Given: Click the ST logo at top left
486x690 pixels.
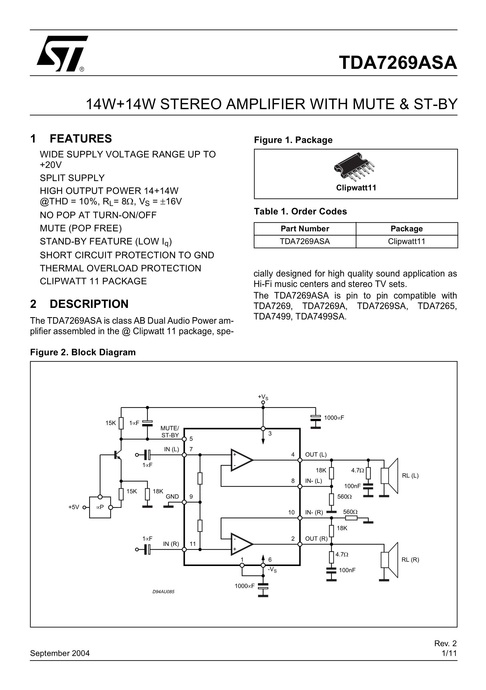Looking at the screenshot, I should click(62, 53).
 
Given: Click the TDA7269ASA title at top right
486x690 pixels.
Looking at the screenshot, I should click(398, 63).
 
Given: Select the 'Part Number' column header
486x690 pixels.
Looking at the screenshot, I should click(305, 229).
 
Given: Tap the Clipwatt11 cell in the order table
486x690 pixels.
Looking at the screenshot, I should click(406, 241).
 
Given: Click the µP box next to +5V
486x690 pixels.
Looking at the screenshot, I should click(100, 507).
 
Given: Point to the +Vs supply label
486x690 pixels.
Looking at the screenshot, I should click(263, 397).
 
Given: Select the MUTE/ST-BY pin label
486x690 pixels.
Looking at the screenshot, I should click(170, 432).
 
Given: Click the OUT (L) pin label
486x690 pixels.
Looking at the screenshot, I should click(315, 455).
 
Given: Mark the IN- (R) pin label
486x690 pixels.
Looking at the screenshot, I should click(314, 512).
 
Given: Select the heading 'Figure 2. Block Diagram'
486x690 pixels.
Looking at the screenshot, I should click(83, 352).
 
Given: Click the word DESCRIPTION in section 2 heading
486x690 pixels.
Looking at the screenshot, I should click(89, 304).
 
